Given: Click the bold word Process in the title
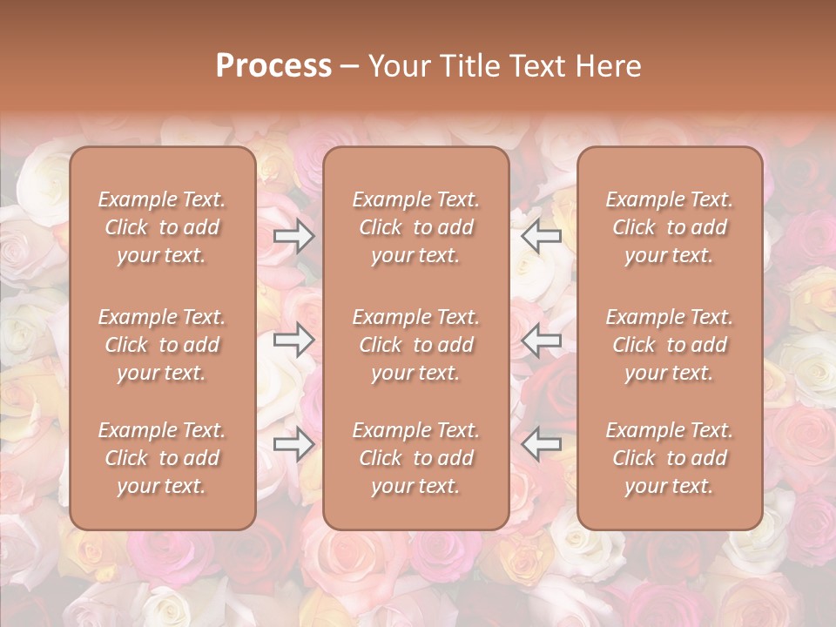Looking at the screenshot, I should point(273,66).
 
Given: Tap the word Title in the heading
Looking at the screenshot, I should point(469,66).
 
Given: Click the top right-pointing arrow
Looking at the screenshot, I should point(293,236).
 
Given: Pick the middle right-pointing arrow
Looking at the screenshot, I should point(293,340).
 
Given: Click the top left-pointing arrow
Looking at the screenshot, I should point(542,236).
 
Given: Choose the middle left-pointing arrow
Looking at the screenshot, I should point(542,340).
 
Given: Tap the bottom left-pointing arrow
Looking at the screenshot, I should point(542,444).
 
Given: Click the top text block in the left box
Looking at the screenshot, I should point(162,227).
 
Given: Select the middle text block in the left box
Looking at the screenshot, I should point(162,345).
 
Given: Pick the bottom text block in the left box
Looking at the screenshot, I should point(162,458).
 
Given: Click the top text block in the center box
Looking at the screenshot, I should point(415,227).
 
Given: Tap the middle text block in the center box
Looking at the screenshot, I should point(415,345).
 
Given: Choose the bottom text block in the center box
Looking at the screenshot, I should point(415,458).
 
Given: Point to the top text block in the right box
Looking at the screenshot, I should point(670,227).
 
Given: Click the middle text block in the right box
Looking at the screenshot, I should point(670,345).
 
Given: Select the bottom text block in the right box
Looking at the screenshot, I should point(670,458).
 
